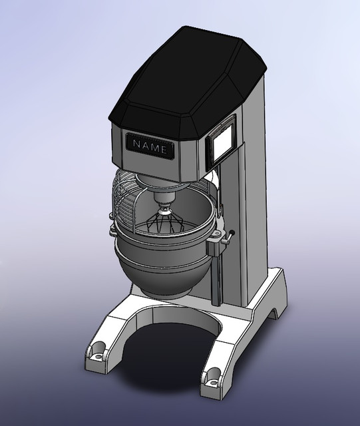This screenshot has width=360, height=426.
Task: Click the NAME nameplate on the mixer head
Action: pyautogui.click(x=150, y=146)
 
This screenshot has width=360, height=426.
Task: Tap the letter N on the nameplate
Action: pyautogui.click(x=136, y=144)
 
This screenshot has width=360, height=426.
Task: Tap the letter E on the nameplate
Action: pyautogui.click(x=164, y=149)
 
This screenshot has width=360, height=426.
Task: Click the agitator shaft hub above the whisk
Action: pyautogui.click(x=164, y=198)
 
